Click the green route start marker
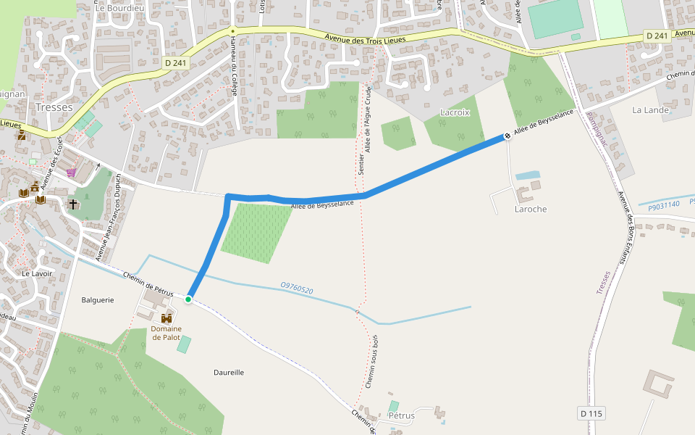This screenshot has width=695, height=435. click(188, 299)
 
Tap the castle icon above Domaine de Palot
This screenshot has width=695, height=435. click(167, 318)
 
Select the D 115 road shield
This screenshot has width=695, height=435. click(591, 413)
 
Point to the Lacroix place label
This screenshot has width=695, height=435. click(455, 112)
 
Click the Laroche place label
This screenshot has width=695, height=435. click(530, 209)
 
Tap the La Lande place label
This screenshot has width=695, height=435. click(650, 110)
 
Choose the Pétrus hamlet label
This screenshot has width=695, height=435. click(401, 415)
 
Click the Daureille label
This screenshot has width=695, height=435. click(229, 372)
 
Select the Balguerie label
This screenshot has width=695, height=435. click(98, 299)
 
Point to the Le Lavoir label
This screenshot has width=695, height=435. click(37, 273)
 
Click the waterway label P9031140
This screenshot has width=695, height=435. click(664, 204)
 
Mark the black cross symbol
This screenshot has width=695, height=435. click(73, 204)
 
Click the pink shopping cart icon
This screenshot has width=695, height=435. click(71, 172)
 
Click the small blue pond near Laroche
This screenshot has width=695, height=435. click(528, 175)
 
